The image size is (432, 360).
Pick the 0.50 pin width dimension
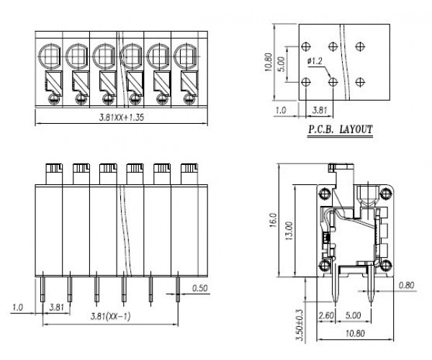[x=202, y=289]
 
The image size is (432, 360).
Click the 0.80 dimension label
[x=408, y=286]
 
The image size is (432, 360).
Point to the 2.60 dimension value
[x=324, y=315]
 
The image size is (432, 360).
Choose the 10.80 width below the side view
[x=354, y=333]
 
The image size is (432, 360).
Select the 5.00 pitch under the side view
[x=354, y=315]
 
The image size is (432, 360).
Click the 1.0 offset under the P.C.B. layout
[x=282, y=110]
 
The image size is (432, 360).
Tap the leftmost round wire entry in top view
[x=50, y=53]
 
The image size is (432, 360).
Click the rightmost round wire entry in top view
[x=184, y=53]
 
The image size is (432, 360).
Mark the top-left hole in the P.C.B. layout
[x=307, y=48]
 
